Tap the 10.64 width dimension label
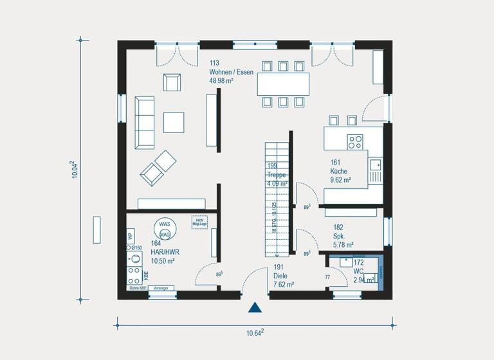pos(255,332)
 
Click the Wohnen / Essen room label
pos(231,72)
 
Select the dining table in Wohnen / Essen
pos(283,84)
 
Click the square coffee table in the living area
pos(173,122)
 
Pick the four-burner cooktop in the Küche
pos(355,141)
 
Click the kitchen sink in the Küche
pos(376,170)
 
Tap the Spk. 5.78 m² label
pos(343,237)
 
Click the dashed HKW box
pos(199,221)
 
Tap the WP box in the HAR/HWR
pos(131,237)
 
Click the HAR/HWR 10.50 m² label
pos(164,253)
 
